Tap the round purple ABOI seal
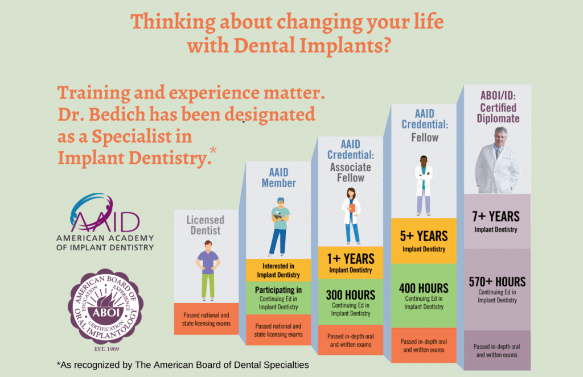(x=105, y=306)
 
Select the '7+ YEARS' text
(x=496, y=216)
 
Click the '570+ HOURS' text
(x=497, y=282)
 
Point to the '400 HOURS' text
(x=424, y=288)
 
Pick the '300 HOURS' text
(x=351, y=295)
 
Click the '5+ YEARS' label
(x=424, y=236)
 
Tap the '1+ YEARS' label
(x=351, y=259)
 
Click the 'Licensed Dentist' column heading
(x=205, y=225)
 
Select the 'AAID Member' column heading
(x=278, y=177)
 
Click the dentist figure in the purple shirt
(x=208, y=271)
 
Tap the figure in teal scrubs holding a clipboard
(x=279, y=226)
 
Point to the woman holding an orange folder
(x=351, y=216)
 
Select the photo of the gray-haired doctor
(x=496, y=160)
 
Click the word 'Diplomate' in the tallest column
(x=498, y=118)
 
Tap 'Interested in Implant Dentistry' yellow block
(x=278, y=270)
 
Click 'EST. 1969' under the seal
(x=106, y=349)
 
